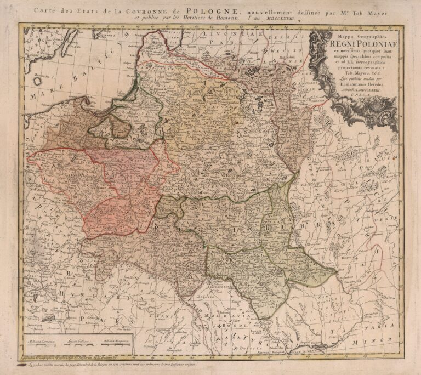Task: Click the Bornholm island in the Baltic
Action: [37, 80]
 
